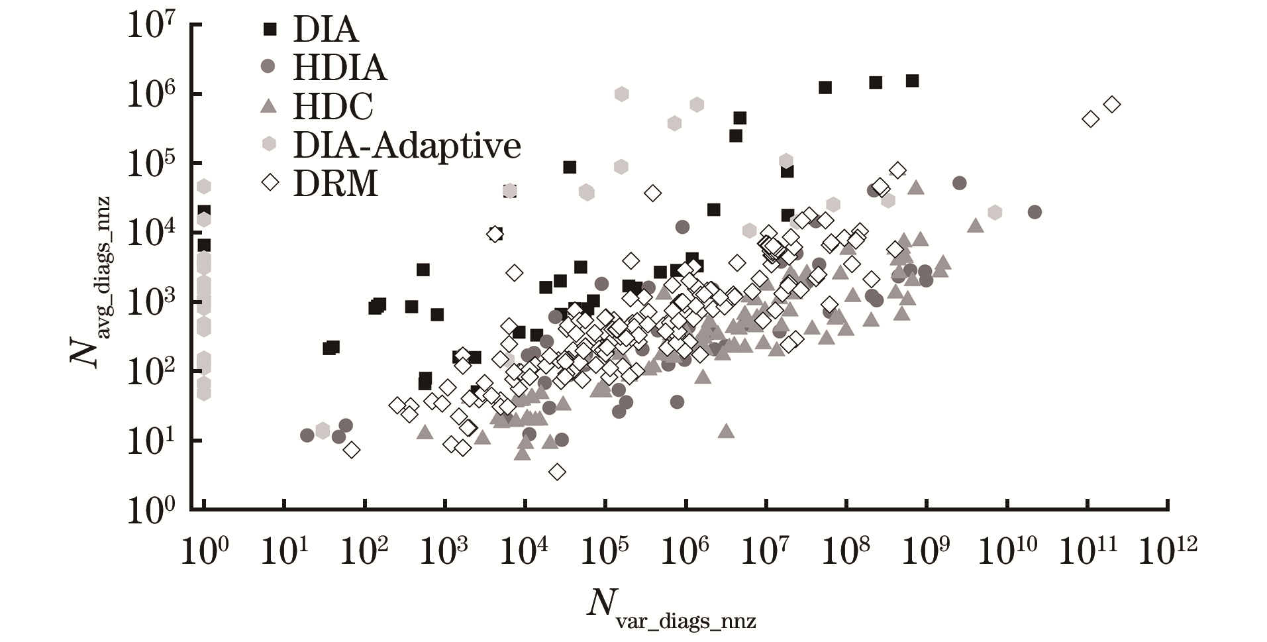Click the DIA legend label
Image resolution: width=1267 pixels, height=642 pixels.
point(325,30)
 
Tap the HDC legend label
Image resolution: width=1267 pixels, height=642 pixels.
point(333,106)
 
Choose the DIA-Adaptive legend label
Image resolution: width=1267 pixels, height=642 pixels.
point(407,144)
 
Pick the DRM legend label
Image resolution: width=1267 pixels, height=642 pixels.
point(335,183)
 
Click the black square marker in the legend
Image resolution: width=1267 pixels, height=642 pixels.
point(270,29)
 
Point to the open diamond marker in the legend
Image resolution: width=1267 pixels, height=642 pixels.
point(270,182)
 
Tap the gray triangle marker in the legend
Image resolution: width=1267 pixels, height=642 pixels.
point(268,105)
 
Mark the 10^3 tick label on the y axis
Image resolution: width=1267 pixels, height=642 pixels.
point(150,304)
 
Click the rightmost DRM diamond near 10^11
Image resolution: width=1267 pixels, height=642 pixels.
point(1112,104)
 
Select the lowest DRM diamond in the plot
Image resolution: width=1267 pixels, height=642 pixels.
point(557,472)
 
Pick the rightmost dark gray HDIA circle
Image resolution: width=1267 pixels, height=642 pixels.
point(1035,212)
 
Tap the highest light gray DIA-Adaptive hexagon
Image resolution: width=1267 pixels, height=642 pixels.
point(621,93)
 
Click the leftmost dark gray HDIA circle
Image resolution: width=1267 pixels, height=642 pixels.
point(307,435)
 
